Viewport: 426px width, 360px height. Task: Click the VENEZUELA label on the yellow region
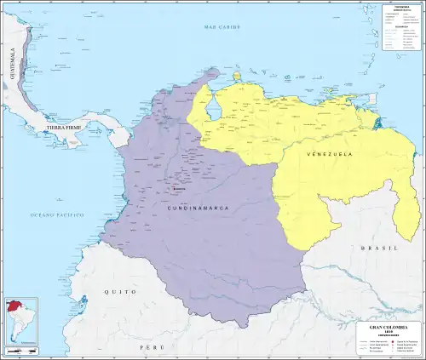coord(329,155)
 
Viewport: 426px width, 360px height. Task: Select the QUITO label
coord(120,292)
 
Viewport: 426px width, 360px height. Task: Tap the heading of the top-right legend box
coord(401,8)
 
